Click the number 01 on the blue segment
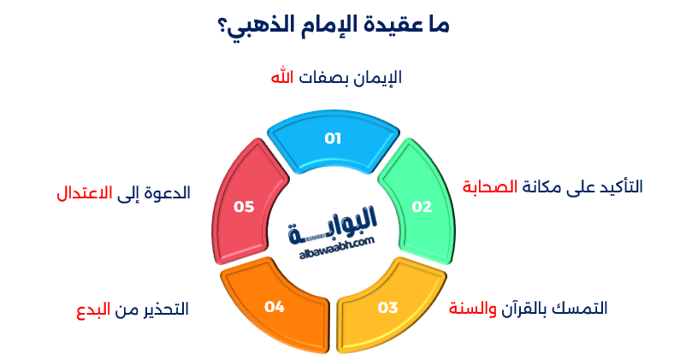(333, 139)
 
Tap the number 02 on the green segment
(422, 206)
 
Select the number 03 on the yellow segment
(387, 306)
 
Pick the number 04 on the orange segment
(274, 306)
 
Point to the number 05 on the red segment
(245, 206)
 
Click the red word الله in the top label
(282, 77)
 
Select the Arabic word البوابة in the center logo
(339, 227)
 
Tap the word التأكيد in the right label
(618, 186)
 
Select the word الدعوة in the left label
(166, 192)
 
